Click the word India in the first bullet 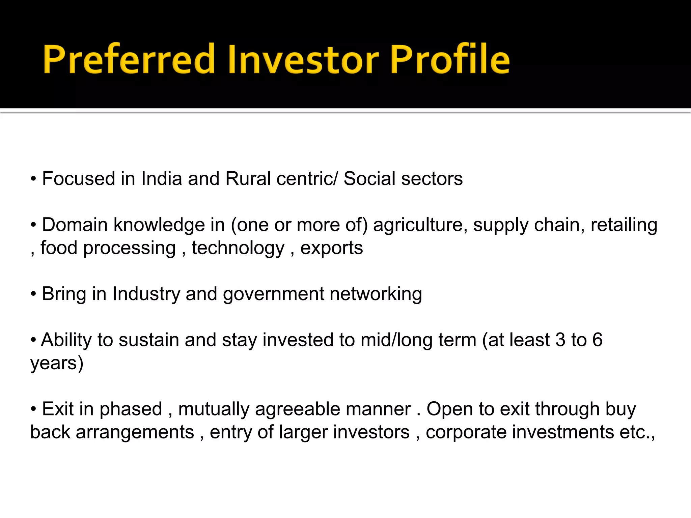[x=162, y=178]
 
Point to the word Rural [x=248, y=178]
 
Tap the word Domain [x=75, y=225]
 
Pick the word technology [x=238, y=249]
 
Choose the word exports [x=331, y=249]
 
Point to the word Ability [x=66, y=340]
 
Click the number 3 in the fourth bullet [x=560, y=340]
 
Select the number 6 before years [x=597, y=340]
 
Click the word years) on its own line [x=57, y=364]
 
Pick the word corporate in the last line [x=466, y=432]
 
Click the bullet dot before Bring [x=33, y=294]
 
